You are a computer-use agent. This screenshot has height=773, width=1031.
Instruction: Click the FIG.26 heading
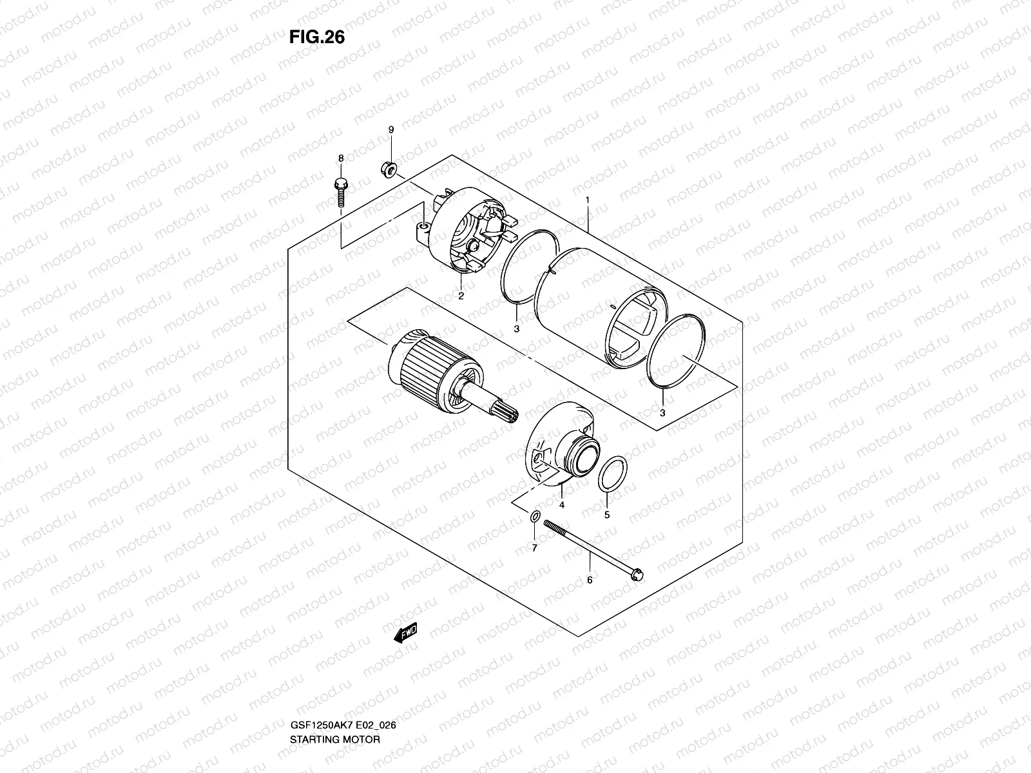click(x=316, y=37)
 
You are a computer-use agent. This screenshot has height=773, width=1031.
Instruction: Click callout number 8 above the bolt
click(x=341, y=158)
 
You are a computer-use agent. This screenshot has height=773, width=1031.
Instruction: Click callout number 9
click(x=390, y=130)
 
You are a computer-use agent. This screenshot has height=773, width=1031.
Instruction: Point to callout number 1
click(x=588, y=200)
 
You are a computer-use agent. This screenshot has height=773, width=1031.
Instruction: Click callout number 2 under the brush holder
click(x=461, y=296)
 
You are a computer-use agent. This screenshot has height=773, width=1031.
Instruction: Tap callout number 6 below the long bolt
click(x=589, y=580)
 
